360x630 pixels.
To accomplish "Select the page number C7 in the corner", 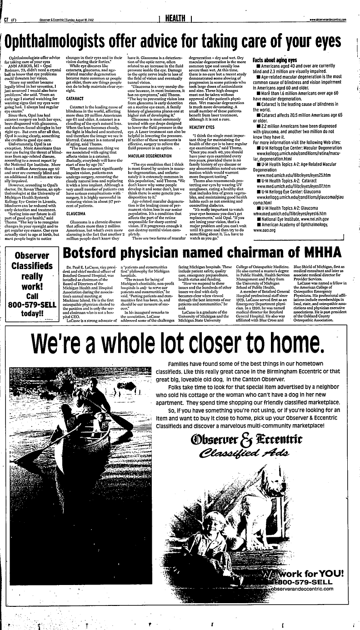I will point(7,20).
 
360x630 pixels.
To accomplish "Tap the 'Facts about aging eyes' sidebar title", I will point(275,60).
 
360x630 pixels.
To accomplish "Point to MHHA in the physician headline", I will point(319,252).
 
